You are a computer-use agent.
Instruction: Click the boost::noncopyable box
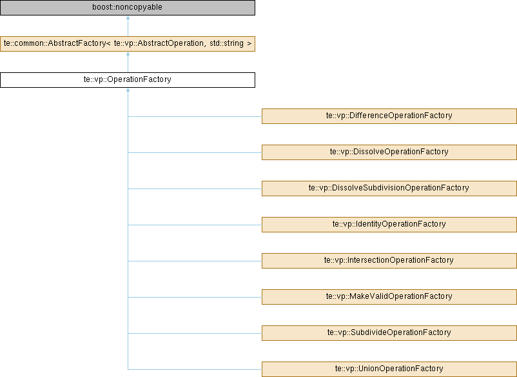pyautogui.click(x=128, y=8)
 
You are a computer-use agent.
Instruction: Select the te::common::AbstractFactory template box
pyautogui.click(x=128, y=44)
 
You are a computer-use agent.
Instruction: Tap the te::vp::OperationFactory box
pyautogui.click(x=128, y=80)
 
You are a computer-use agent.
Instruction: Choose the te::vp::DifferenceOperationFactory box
pyautogui.click(x=389, y=116)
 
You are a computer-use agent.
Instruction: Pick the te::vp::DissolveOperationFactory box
pyautogui.click(x=389, y=152)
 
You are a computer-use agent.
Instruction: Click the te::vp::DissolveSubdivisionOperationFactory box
pyautogui.click(x=389, y=188)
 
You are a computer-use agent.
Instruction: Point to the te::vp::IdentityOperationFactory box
pyautogui.click(x=389, y=225)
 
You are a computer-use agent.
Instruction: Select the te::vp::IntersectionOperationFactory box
pyautogui.click(x=389, y=261)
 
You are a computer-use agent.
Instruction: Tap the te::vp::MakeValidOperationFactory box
pyautogui.click(x=389, y=297)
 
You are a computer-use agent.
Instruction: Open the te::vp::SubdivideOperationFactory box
pyautogui.click(x=389, y=333)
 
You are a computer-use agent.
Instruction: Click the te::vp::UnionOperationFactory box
pyautogui.click(x=389, y=369)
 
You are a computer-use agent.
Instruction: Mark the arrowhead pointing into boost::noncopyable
pyautogui.click(x=128, y=17)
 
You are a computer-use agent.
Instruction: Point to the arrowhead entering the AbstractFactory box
pyautogui.click(x=128, y=54)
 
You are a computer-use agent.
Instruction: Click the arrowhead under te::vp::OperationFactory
pyautogui.click(x=128, y=90)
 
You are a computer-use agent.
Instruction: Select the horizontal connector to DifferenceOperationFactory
pyautogui.click(x=195, y=117)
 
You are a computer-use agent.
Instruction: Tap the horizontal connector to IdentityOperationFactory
pyautogui.click(x=195, y=225)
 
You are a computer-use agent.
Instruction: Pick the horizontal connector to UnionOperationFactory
pyautogui.click(x=195, y=369)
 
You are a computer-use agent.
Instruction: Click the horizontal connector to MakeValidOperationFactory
pyautogui.click(x=195, y=297)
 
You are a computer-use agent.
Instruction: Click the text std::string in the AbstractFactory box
pyautogui.click(x=226, y=44)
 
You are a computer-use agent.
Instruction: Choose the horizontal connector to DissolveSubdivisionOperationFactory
pyautogui.click(x=195, y=189)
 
